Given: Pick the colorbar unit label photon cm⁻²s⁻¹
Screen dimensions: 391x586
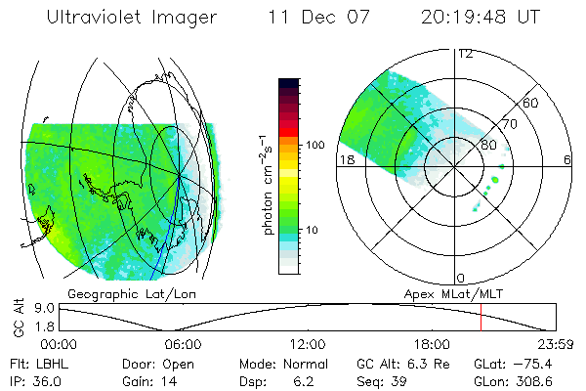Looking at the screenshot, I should coord(267,183).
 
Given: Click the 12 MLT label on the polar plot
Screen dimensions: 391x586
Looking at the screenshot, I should coord(466,54).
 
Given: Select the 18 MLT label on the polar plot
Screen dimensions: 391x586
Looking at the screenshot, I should coord(346,159).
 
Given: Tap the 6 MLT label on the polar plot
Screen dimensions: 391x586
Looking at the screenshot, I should coord(567,159).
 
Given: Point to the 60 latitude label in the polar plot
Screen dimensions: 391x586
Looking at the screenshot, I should coord(531,103).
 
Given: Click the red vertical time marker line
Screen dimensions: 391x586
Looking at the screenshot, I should coord(481,318).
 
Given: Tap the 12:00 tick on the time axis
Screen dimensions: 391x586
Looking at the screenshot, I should coord(308,344).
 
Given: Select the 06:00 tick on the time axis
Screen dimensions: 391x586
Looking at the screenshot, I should coord(183,344).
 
